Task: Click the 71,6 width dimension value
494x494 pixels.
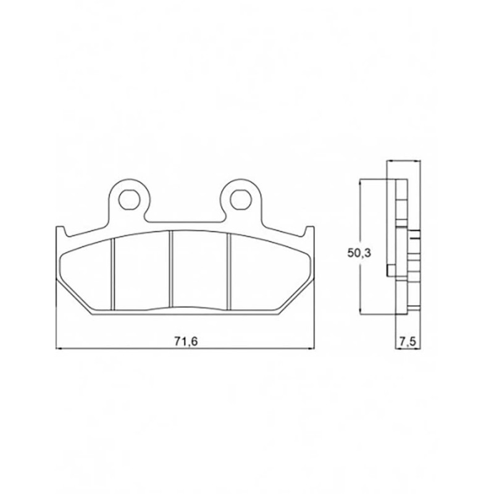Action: click(x=185, y=341)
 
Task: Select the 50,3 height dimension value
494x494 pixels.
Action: click(x=359, y=253)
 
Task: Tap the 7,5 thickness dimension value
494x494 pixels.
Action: click(x=408, y=341)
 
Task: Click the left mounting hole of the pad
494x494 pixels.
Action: click(x=129, y=199)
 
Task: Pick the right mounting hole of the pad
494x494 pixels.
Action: click(x=241, y=199)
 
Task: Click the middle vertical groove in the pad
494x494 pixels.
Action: click(x=171, y=269)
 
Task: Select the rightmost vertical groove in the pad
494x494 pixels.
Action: click(x=229, y=271)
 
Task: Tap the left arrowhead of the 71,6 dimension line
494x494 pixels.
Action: click(x=59, y=348)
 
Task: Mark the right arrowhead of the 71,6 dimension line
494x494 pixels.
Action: click(x=311, y=348)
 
